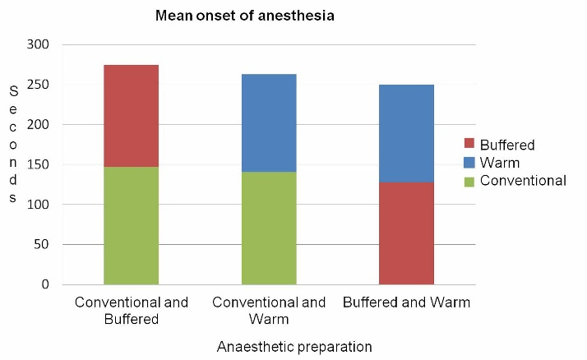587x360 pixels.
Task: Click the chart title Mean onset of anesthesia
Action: (245, 16)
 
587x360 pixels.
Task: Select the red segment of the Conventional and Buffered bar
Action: (132, 116)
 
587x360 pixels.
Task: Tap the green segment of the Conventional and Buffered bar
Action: (132, 226)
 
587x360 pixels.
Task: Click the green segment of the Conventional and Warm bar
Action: (269, 228)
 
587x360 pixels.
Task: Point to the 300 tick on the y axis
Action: (39, 44)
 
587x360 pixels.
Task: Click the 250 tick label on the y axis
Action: (39, 85)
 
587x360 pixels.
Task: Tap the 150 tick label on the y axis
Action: (39, 164)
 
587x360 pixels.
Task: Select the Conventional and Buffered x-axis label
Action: (132, 311)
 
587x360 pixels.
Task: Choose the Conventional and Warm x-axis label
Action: (269, 311)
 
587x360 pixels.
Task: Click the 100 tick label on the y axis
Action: (39, 205)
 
